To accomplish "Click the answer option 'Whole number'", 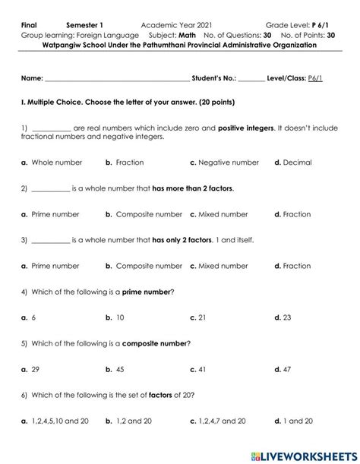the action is tap(55, 163).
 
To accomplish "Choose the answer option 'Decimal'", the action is tap(297, 163).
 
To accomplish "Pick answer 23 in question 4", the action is tap(287, 317).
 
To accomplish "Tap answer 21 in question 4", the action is tap(203, 317).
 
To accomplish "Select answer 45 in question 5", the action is tap(120, 369).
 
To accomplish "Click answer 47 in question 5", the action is tap(287, 369).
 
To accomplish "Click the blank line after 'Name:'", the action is tap(117, 79).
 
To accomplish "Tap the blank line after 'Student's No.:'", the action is tap(251, 79).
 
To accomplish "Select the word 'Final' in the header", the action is tap(30, 25).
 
